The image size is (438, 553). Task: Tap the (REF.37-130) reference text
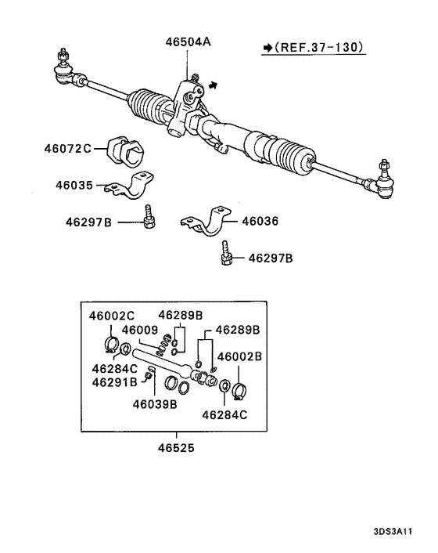320,48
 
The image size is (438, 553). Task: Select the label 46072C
67,148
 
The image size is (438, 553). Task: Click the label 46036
260,221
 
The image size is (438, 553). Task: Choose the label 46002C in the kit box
111,316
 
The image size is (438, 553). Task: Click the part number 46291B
114,381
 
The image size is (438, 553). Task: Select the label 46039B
154,404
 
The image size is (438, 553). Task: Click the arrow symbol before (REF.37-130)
266,48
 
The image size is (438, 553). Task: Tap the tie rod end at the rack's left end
65,68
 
